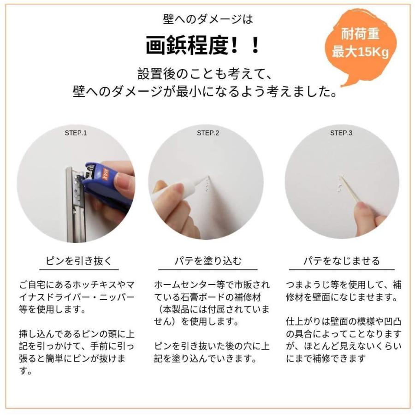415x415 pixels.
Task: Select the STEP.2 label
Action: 208,133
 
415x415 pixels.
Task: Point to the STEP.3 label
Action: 341,133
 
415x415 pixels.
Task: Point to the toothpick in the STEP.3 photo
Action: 350,189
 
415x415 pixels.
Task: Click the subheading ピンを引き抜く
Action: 78,261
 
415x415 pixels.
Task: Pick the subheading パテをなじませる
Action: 341,261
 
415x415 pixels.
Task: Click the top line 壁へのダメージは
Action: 208,19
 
